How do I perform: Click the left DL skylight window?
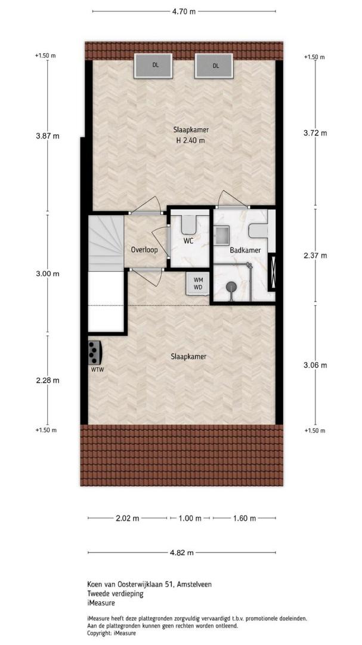(x=153, y=66)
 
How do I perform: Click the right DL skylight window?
(x=214, y=66)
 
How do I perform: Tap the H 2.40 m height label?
(x=190, y=140)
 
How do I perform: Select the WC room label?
(x=189, y=241)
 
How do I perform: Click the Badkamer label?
(x=241, y=250)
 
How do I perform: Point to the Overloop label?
(x=144, y=250)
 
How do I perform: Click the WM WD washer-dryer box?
(x=198, y=283)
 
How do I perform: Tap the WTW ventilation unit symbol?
(x=95, y=352)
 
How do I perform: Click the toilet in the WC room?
(x=190, y=224)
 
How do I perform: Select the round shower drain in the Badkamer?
(x=231, y=285)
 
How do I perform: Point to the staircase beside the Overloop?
(x=106, y=243)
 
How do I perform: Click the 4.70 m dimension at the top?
(x=184, y=11)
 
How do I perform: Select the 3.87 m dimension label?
(x=48, y=136)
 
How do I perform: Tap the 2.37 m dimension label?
(x=315, y=256)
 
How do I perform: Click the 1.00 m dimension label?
(x=190, y=518)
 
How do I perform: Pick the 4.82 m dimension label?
(x=182, y=552)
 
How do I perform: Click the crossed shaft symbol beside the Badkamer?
(x=271, y=273)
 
